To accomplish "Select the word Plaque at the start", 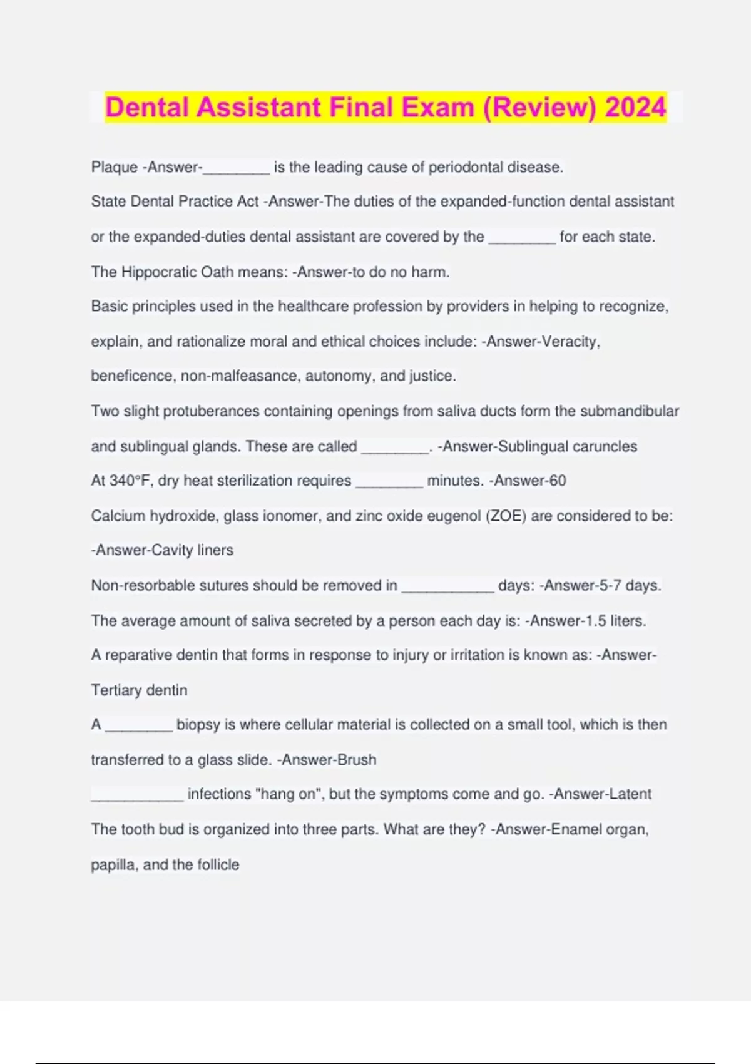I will pos(114,167).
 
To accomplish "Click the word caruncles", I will pos(605,446).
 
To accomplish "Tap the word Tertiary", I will pos(117,690).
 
